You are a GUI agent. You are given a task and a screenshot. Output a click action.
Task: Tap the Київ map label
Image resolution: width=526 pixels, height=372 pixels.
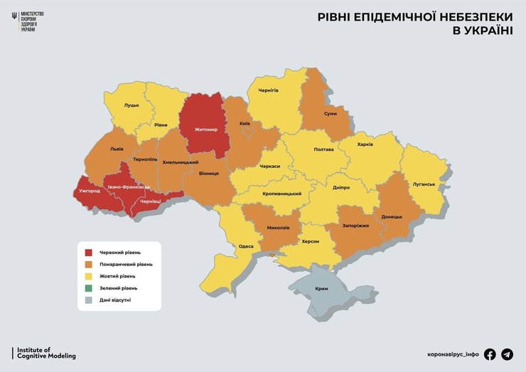[245, 124]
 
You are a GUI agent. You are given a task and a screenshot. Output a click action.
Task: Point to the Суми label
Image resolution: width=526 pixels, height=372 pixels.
[330, 114]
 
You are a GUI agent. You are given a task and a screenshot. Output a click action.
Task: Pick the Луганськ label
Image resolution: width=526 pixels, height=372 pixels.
[424, 184]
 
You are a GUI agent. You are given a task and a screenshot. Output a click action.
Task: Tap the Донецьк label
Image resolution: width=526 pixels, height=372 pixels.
[392, 216]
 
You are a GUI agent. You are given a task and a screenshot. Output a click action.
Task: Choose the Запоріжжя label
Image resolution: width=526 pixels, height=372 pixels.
[355, 225]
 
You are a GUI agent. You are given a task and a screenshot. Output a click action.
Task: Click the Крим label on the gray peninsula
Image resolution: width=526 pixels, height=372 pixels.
[321, 289]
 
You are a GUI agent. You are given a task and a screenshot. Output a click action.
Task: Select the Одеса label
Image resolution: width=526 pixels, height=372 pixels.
[246, 246]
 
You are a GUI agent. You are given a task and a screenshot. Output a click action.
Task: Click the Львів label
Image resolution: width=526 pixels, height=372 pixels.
[117, 150]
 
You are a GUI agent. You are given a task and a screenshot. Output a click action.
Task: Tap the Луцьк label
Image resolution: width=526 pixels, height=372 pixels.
[131, 105]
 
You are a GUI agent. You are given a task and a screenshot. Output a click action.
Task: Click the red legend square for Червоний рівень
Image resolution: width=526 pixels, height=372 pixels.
[89, 252]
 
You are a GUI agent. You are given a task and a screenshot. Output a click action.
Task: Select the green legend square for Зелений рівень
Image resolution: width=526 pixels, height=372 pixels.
[89, 288]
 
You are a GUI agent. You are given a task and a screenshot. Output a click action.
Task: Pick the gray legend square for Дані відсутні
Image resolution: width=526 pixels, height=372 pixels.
[89, 299]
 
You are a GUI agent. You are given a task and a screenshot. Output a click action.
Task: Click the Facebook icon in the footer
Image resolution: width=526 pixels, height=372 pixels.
[490, 354]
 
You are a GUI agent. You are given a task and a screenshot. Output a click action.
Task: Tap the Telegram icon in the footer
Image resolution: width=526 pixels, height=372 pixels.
[507, 354]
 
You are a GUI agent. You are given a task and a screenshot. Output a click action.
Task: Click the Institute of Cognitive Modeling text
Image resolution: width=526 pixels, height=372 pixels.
[45, 353]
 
